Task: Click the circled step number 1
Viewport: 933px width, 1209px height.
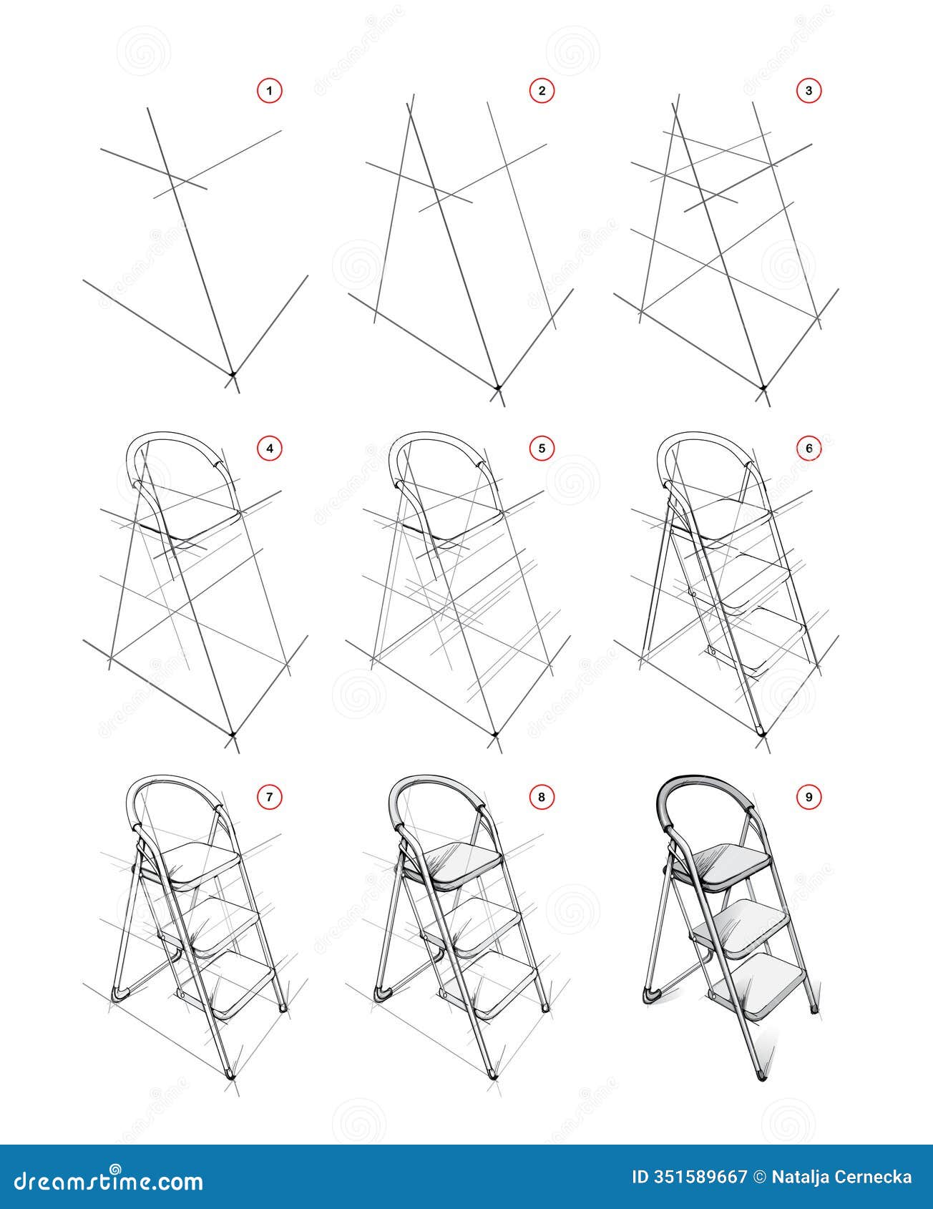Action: pos(270,91)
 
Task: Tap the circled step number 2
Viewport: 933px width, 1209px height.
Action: pos(542,91)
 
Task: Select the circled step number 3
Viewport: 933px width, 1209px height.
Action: pos(809,91)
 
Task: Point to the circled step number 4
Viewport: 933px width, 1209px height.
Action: pos(270,449)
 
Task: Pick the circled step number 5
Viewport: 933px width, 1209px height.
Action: pos(542,449)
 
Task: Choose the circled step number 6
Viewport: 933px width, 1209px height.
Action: pos(809,449)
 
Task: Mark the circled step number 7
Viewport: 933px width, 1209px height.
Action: pos(270,797)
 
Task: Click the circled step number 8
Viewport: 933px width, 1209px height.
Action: pos(542,797)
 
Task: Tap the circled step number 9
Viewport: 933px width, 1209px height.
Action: pos(809,797)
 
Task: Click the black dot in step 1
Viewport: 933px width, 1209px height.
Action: pos(232,373)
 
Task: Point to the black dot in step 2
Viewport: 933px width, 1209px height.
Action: pos(498,388)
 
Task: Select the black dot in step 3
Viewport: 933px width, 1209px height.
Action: pos(763,388)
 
